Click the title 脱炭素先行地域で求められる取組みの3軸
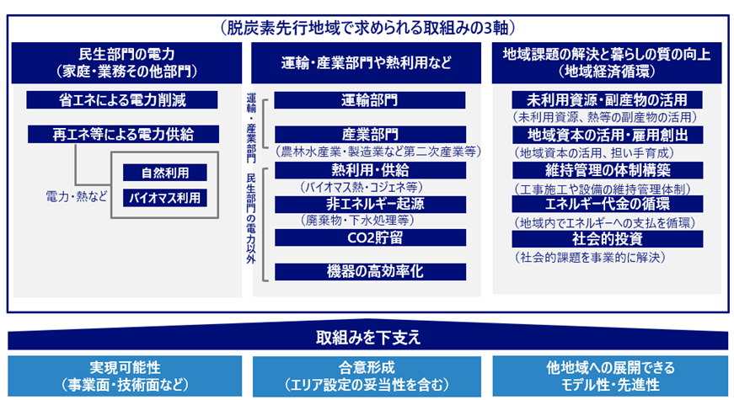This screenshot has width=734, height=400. pos(368,28)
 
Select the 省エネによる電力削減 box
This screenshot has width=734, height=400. pos(122,100)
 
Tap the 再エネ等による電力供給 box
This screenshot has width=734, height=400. pos(123,134)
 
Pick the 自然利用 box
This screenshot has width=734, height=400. pos(165,173)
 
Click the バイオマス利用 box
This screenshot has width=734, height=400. pos(165,198)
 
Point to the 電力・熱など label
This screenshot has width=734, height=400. pos(77,196)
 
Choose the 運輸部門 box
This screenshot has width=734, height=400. pos(370,100)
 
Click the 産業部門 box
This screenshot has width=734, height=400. pos(370,135)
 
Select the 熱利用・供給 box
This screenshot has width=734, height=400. pos(370,170)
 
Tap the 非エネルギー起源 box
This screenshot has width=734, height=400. pos(370,205)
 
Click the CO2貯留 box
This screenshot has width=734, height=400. pos(370,237)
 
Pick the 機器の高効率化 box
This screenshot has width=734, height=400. pos(370,272)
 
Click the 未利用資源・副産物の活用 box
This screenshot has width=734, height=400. pos(607,100)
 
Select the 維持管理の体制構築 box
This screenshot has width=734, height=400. pos(608,170)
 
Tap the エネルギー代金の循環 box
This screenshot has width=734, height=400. pos(607,204)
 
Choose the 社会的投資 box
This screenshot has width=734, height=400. pos(607,239)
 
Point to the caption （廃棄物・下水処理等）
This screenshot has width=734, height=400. pos(356,221)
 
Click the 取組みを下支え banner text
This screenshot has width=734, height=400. pos(368,338)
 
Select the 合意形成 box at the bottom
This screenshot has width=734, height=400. pos(367,376)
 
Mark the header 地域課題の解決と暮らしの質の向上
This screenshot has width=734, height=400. pos(607,54)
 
